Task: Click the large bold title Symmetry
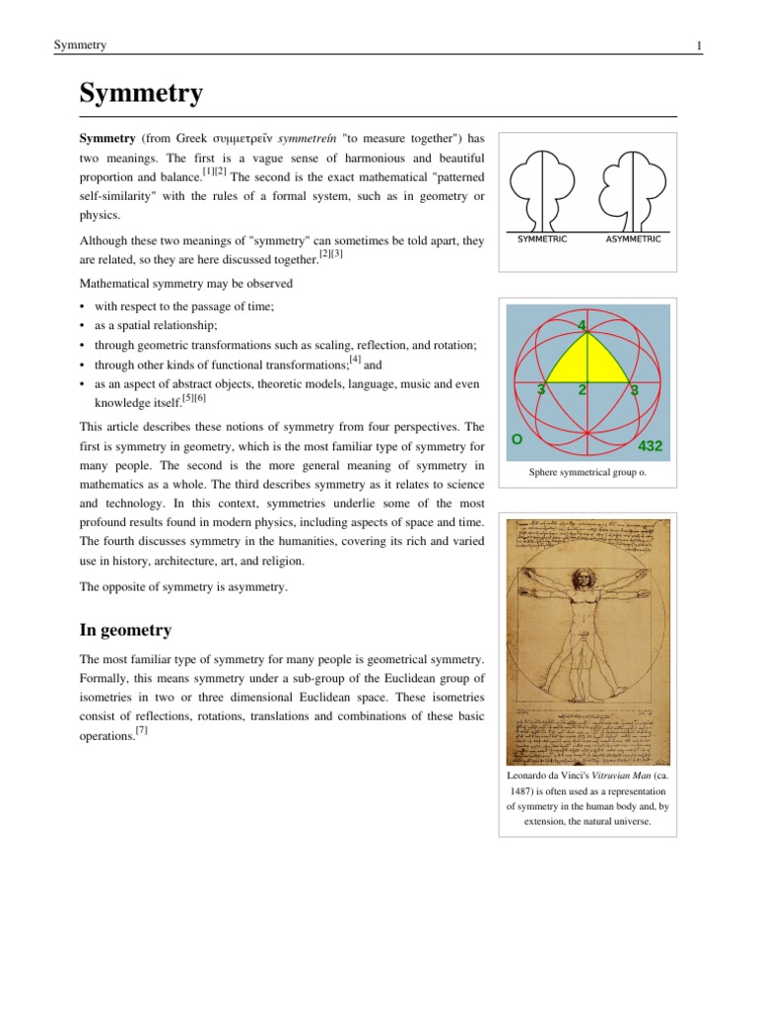pos(141,94)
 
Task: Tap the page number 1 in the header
pos(698,46)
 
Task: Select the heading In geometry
pos(126,630)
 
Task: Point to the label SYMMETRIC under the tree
pos(542,239)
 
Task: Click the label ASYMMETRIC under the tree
pos(633,239)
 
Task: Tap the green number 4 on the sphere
pos(583,324)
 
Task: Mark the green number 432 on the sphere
pos(651,445)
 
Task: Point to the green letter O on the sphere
pos(516,437)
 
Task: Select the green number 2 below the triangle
pos(584,389)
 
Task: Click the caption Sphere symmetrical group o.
pos(587,474)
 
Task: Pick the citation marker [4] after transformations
pos(355,359)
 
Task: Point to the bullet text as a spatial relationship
pos(156,325)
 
